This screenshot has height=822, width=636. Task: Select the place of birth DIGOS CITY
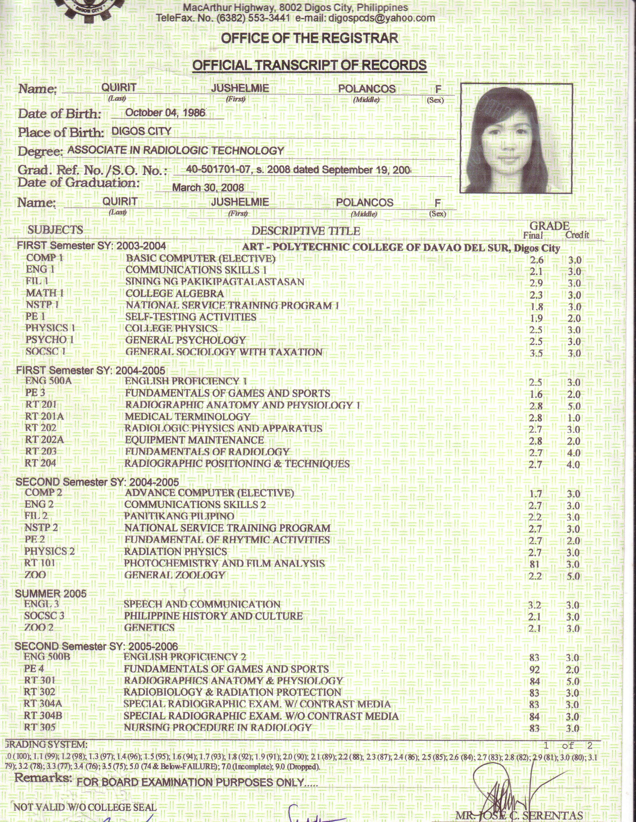(142, 131)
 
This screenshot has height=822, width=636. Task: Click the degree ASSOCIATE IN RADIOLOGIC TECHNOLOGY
(176, 150)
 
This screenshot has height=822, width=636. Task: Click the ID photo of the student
(516, 139)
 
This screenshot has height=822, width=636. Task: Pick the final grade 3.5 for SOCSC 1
(535, 353)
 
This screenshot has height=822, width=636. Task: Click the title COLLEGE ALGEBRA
(175, 294)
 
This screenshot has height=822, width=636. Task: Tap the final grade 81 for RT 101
(534, 564)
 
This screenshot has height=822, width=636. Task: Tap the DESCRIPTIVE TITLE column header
(305, 231)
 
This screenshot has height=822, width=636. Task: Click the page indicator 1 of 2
(568, 746)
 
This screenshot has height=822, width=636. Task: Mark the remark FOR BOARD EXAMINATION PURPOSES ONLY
(197, 782)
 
